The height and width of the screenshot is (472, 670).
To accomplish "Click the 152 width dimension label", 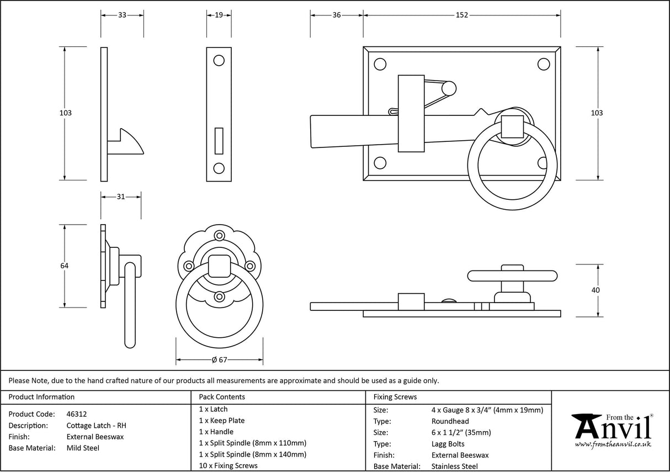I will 462,15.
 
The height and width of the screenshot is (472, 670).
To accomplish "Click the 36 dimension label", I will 336,15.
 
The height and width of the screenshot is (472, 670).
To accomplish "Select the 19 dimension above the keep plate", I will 219,15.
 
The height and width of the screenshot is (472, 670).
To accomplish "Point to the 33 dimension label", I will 122,15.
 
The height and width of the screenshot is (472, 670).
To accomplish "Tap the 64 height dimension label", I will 65,266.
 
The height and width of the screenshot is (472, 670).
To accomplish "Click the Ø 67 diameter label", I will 220,360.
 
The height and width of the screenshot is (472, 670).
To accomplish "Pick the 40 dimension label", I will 595,290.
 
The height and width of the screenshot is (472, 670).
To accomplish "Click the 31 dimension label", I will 120,197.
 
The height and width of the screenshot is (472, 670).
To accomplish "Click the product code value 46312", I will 76,414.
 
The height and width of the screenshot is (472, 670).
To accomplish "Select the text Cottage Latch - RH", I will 96,426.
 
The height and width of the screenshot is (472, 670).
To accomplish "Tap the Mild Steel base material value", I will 83,448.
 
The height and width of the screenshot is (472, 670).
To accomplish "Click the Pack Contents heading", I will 222,397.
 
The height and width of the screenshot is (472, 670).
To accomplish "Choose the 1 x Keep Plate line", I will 222,421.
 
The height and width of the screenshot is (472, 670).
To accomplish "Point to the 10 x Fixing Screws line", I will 228,466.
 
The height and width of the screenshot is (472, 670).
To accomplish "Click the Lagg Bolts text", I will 448,444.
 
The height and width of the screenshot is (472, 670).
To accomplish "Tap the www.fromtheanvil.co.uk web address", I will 613,444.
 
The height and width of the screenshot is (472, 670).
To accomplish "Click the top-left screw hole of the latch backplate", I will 380,64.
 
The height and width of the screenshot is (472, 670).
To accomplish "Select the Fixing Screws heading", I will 395,397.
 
